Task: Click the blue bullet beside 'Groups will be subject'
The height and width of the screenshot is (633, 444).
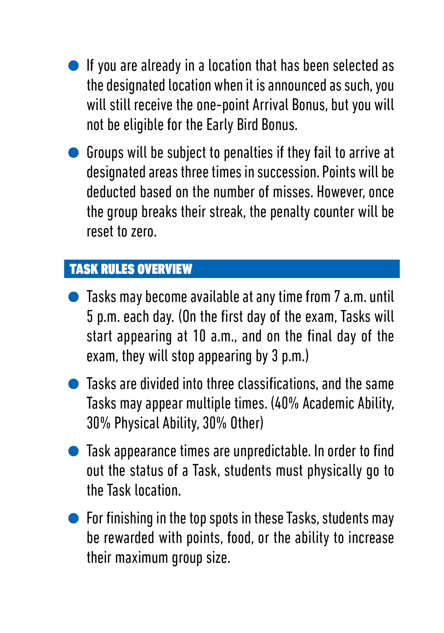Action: tap(73, 153)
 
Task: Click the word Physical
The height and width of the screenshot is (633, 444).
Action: tap(136, 423)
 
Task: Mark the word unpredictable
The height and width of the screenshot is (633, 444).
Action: tap(272, 451)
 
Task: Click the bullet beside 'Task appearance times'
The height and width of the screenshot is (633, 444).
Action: tap(73, 451)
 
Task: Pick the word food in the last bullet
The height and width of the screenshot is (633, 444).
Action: tap(241, 538)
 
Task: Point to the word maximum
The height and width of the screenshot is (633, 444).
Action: tap(141, 558)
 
